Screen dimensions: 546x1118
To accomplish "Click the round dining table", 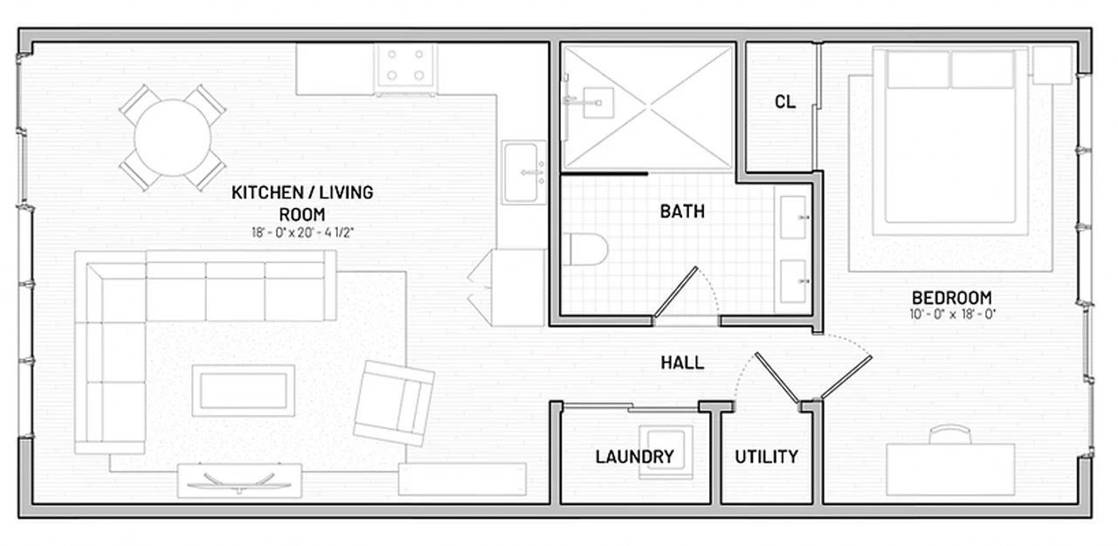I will click(172, 137).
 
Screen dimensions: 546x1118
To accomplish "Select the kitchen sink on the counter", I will click(523, 172).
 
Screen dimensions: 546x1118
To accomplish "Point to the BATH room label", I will click(682, 211).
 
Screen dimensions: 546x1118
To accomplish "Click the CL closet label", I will click(784, 102).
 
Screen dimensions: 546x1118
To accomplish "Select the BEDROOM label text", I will click(951, 297).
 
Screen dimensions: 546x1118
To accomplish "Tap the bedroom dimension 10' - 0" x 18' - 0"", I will click(951, 314).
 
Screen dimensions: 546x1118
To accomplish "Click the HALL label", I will click(682, 363).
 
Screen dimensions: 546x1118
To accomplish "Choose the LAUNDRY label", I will click(634, 457).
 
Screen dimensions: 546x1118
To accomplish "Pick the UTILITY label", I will click(765, 457).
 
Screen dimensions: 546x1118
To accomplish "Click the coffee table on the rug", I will click(243, 390).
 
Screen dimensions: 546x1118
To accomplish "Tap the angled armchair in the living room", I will click(394, 403).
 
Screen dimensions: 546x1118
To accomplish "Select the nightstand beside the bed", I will click(1052, 65).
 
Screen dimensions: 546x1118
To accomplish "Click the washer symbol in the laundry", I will click(666, 452).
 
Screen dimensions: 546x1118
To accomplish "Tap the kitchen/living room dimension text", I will click(302, 232).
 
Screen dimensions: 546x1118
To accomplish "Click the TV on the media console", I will click(238, 481).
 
